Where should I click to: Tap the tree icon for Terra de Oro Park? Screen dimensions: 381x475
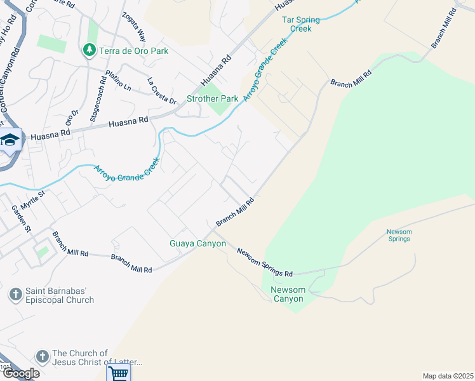pyautogui.click(x=89, y=50)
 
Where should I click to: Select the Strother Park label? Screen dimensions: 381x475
pyautogui.click(x=213, y=99)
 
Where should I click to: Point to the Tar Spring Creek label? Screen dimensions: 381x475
pyautogui.click(x=301, y=24)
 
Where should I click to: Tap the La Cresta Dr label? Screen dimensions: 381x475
pyautogui.click(x=161, y=90)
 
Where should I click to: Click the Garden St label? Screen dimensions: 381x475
pyautogui.click(x=20, y=218)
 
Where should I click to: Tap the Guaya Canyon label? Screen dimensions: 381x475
pyautogui.click(x=197, y=244)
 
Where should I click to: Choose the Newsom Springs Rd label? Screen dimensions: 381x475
pyautogui.click(x=265, y=262)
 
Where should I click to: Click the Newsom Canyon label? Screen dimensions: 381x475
pyautogui.click(x=288, y=295)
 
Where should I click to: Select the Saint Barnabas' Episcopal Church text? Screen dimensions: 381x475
pyautogui.click(x=60, y=295)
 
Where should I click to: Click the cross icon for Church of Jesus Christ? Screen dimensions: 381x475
pyautogui.click(x=43, y=357)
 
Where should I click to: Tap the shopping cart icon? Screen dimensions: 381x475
pyautogui.click(x=118, y=373)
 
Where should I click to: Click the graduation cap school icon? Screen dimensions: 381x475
pyautogui.click(x=10, y=140)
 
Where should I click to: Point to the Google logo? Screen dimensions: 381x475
pyautogui.click(x=20, y=373)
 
